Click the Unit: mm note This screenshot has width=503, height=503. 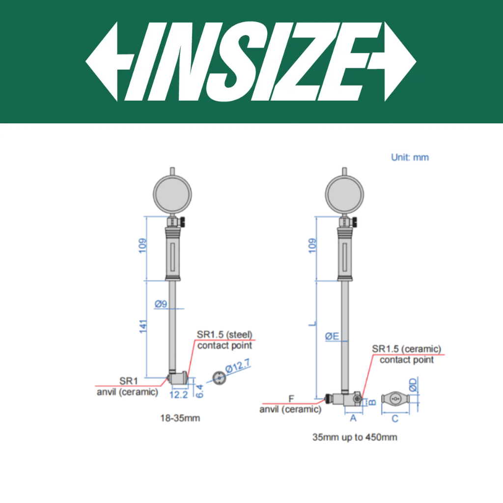pos(410,158)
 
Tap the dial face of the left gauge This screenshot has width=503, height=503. pos(172,195)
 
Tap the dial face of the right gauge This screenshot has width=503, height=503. pos(344,195)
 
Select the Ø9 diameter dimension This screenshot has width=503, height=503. pos(161,304)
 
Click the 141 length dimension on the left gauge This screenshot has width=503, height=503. pos(143,327)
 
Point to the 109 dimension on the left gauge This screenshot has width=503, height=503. pos(143,246)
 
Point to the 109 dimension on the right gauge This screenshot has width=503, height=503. pos(312,246)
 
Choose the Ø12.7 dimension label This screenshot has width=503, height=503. pos(237,366)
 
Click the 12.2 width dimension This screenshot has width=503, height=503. pos(179,394)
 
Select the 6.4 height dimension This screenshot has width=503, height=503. pos(199,391)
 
